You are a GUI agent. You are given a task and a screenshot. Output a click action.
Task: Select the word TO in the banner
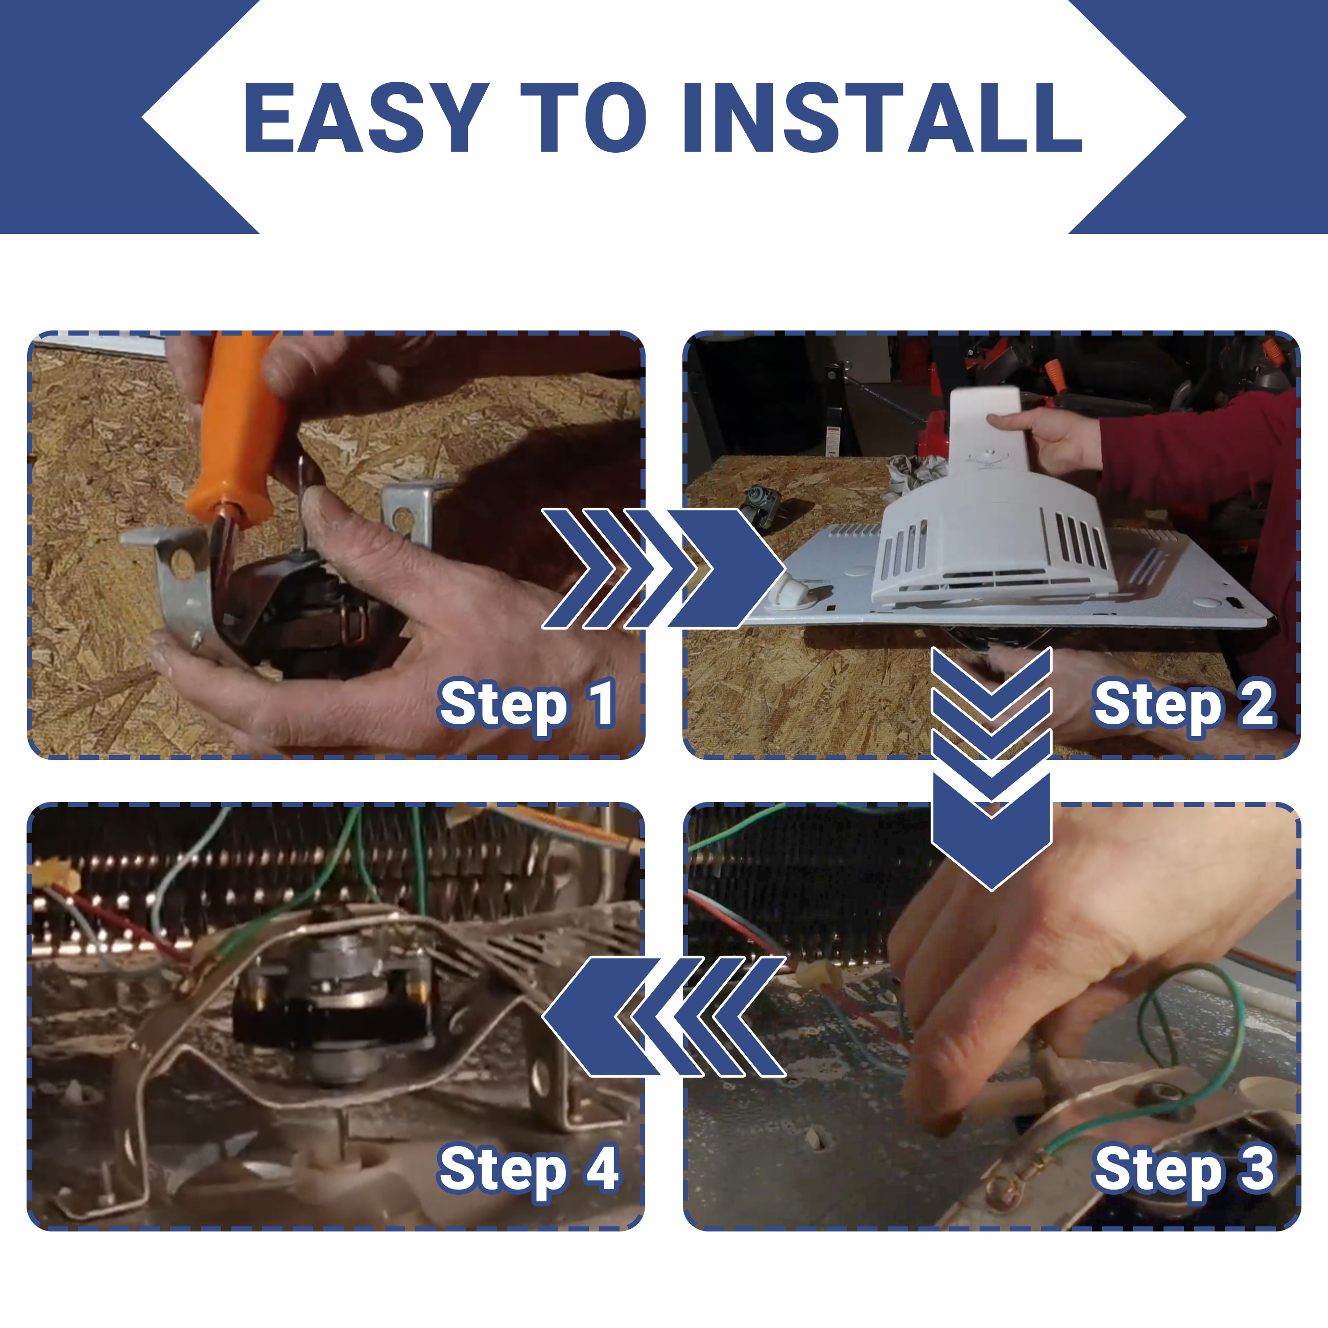pos(584,117)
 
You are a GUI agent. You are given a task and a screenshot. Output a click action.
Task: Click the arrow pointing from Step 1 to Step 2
pos(663,568)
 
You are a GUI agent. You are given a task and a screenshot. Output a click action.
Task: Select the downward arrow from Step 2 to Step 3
pos(991,769)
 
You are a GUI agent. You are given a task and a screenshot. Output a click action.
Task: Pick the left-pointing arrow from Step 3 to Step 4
pos(663,1016)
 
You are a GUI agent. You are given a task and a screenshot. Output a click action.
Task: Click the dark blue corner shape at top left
pos(103,117)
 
